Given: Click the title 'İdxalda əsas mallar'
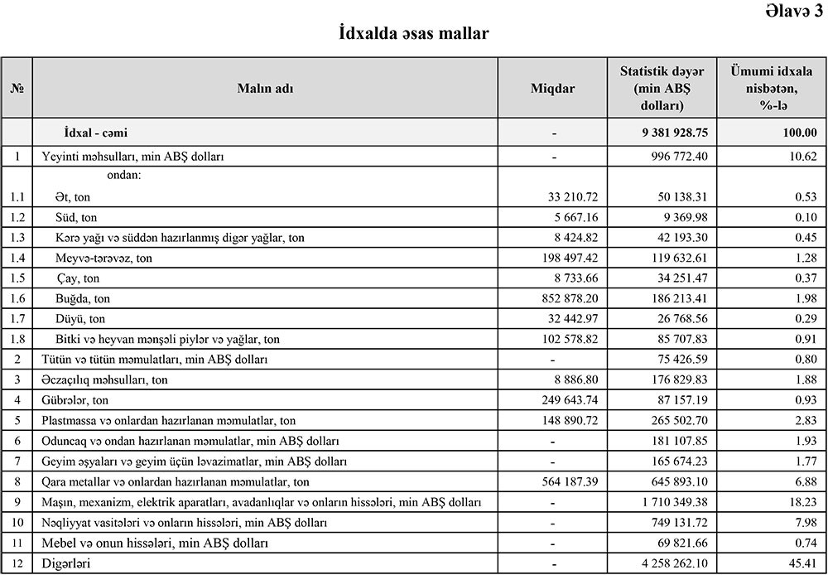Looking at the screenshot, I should point(414,34).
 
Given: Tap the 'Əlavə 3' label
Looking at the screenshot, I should point(789,10).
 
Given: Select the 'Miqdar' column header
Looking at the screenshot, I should point(552,89).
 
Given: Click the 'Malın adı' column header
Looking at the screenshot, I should point(265,89).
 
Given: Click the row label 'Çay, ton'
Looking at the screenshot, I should point(79,278).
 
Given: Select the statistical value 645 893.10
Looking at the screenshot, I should point(673,481).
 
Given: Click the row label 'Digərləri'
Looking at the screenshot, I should point(66,563).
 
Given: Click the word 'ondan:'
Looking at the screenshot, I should point(124,175).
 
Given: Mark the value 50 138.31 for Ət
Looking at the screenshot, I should point(676,197).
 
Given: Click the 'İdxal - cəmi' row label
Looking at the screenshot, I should point(95,133).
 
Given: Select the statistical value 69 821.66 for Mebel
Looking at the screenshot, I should point(676,543).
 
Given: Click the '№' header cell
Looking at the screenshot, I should point(17,89).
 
